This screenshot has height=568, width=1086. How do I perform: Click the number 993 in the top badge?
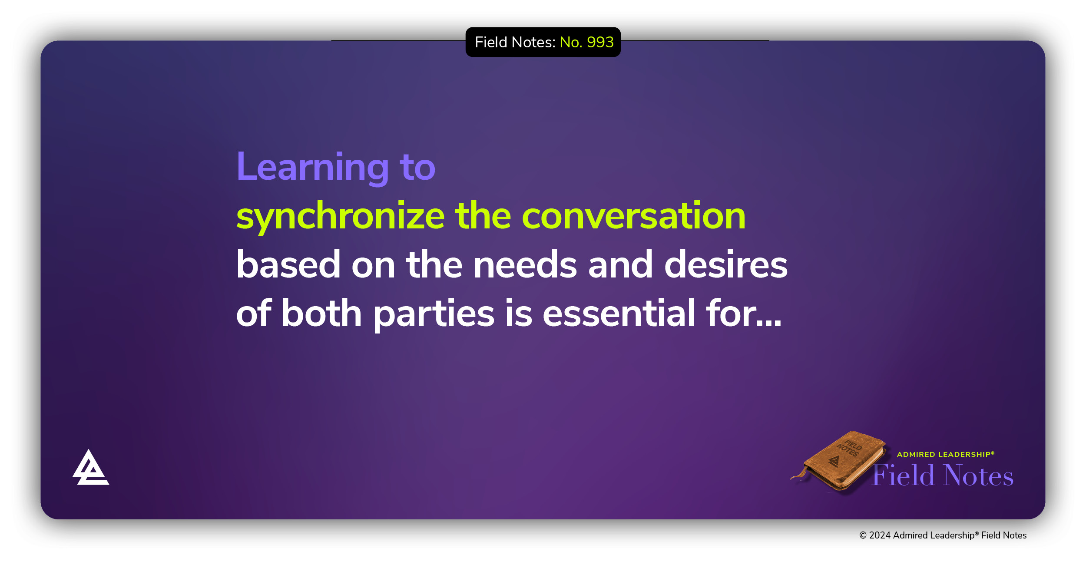coord(600,42)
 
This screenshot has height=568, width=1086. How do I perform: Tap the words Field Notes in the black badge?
coord(515,42)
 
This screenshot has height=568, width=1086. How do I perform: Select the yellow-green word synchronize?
coord(341,216)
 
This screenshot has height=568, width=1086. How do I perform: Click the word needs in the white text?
coord(525,264)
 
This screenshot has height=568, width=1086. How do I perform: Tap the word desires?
coord(726,264)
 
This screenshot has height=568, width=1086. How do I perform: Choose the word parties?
coord(434,314)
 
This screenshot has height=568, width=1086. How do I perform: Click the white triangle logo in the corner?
coord(90,467)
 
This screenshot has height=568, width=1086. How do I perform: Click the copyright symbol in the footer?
coord(863,535)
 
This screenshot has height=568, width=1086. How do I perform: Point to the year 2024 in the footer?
coord(880,535)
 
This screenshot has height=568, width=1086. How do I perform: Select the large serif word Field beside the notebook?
coord(904,475)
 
